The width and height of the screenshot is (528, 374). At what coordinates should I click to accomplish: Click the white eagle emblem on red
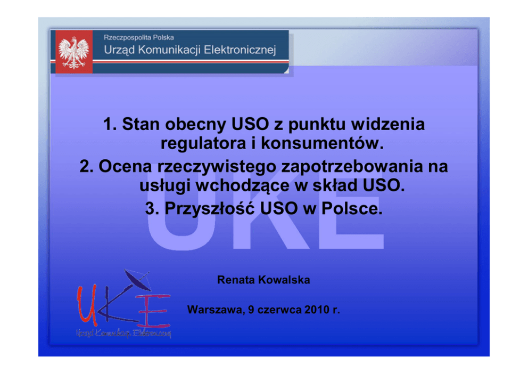[x=74, y=53]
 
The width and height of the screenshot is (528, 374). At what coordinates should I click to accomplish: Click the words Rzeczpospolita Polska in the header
[x=139, y=37]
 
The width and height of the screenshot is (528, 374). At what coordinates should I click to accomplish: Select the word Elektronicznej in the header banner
[x=240, y=50]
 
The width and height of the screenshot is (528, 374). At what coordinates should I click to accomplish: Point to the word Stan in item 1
[x=141, y=124]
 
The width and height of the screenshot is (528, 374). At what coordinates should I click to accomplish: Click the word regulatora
[x=203, y=143]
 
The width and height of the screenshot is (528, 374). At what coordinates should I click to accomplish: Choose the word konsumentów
[x=323, y=143]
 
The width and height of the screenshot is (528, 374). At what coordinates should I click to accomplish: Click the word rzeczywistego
[x=217, y=167]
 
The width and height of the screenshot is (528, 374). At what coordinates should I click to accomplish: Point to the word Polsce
[x=352, y=208]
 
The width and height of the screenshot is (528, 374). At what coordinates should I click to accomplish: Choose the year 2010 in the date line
[x=317, y=310]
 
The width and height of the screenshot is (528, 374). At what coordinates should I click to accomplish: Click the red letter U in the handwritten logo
[x=87, y=305]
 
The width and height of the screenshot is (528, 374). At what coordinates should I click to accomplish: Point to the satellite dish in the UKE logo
[x=137, y=280]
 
